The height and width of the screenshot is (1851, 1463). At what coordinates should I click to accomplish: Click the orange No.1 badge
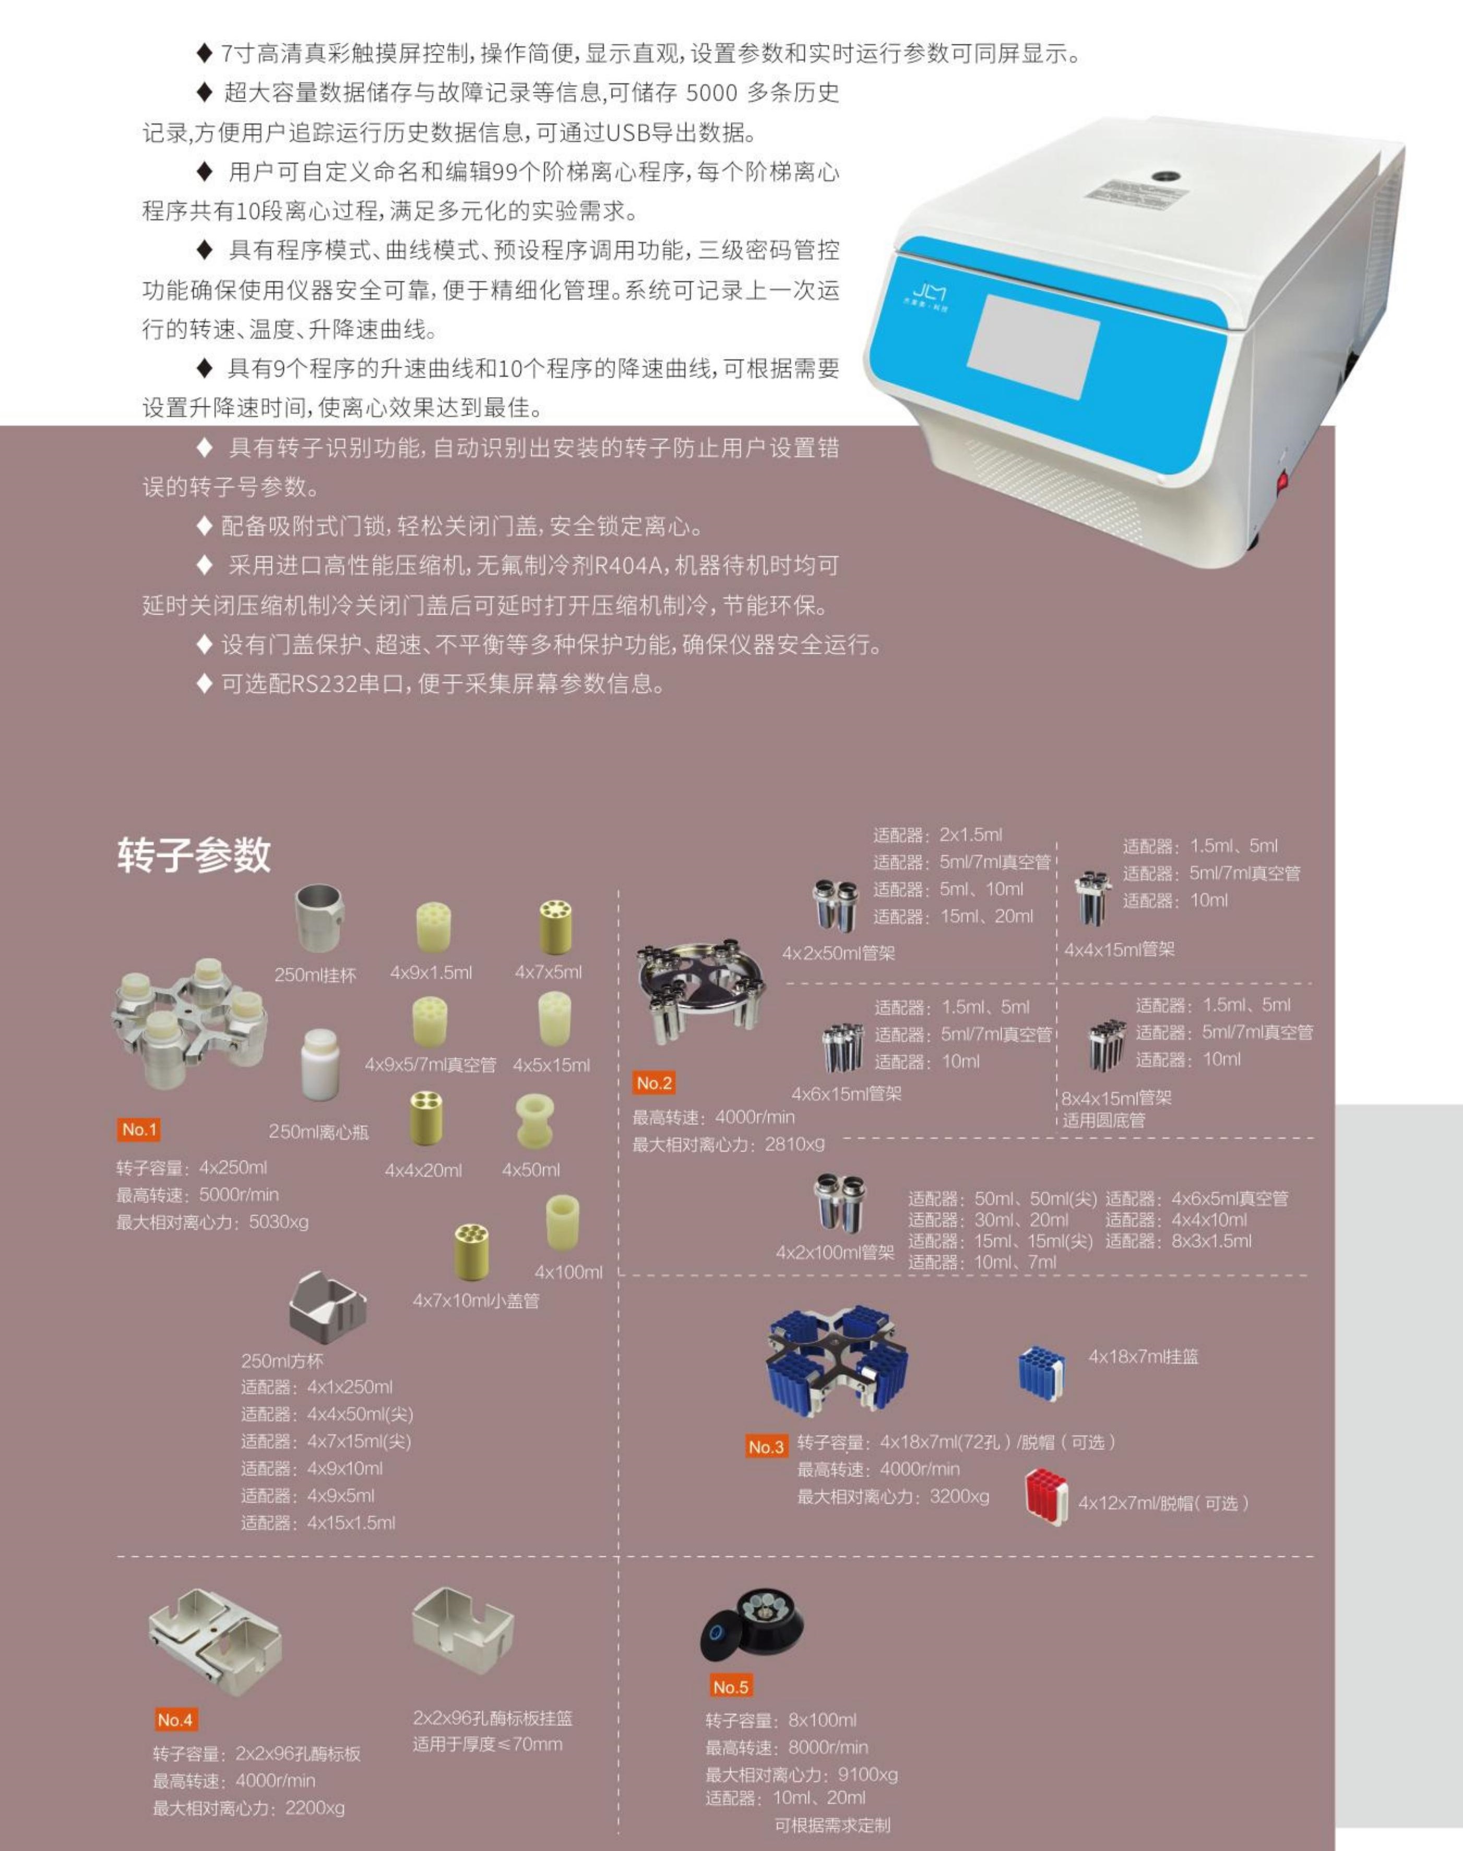click(x=139, y=1129)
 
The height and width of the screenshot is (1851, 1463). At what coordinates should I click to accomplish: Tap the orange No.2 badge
click(x=655, y=1083)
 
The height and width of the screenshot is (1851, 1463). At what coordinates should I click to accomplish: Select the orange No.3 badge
click(x=766, y=1447)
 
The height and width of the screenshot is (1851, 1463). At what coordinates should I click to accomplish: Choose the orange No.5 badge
click(x=731, y=1687)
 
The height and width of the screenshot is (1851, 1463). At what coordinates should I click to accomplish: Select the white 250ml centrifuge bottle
click(x=319, y=1064)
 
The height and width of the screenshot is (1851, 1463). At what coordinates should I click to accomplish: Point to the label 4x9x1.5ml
click(x=431, y=972)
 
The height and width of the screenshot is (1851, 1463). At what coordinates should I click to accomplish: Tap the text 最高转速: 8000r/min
click(x=787, y=1747)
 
